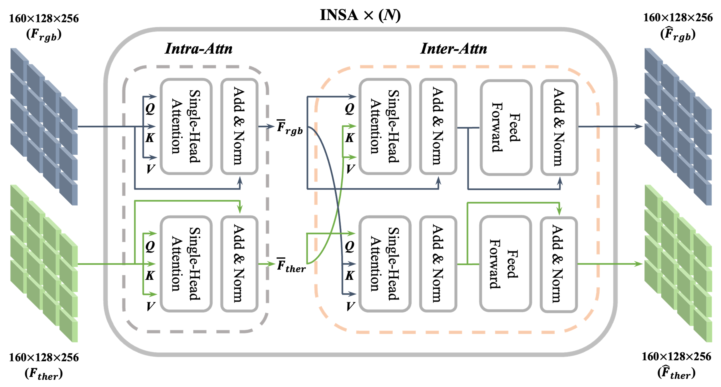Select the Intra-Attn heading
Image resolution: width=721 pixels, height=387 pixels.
pos(198,48)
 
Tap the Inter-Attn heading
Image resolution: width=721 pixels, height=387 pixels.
pos(453,48)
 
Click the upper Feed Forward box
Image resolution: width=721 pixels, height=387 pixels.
pos(506,127)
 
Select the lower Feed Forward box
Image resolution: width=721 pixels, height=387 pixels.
pos(505,264)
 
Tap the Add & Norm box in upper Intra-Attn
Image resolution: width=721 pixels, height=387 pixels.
pos(239,126)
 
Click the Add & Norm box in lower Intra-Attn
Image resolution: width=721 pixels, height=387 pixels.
pos(239,264)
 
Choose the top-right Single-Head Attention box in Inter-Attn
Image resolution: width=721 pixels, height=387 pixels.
pos(385,126)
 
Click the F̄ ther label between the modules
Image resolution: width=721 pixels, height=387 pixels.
pos(291,265)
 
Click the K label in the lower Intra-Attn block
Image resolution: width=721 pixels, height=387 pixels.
pos(150,275)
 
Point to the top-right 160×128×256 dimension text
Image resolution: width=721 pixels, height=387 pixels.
pos(678,18)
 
